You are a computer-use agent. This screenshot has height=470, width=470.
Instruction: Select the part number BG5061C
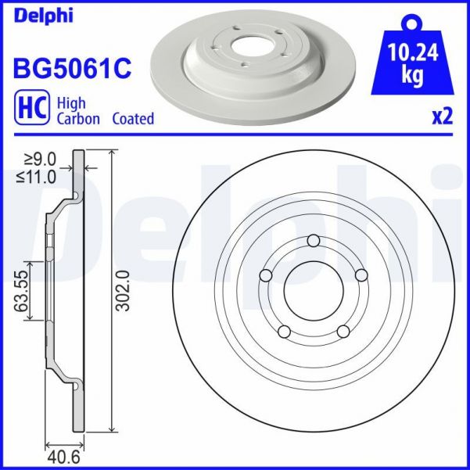(71, 68)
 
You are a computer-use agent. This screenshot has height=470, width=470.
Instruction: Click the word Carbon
(77, 119)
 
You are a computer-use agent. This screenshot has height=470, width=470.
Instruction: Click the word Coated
(132, 119)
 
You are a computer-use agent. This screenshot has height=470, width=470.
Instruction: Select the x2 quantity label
(442, 117)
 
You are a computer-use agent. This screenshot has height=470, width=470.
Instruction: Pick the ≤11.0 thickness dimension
(36, 178)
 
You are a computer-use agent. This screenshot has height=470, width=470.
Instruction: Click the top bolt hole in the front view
(314, 240)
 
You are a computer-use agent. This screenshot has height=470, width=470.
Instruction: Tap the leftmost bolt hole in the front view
(264, 275)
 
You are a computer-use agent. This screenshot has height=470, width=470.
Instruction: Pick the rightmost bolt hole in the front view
(362, 275)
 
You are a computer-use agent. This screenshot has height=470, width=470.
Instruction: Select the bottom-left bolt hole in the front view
(284, 332)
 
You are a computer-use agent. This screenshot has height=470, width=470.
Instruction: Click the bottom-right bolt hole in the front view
(343, 332)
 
